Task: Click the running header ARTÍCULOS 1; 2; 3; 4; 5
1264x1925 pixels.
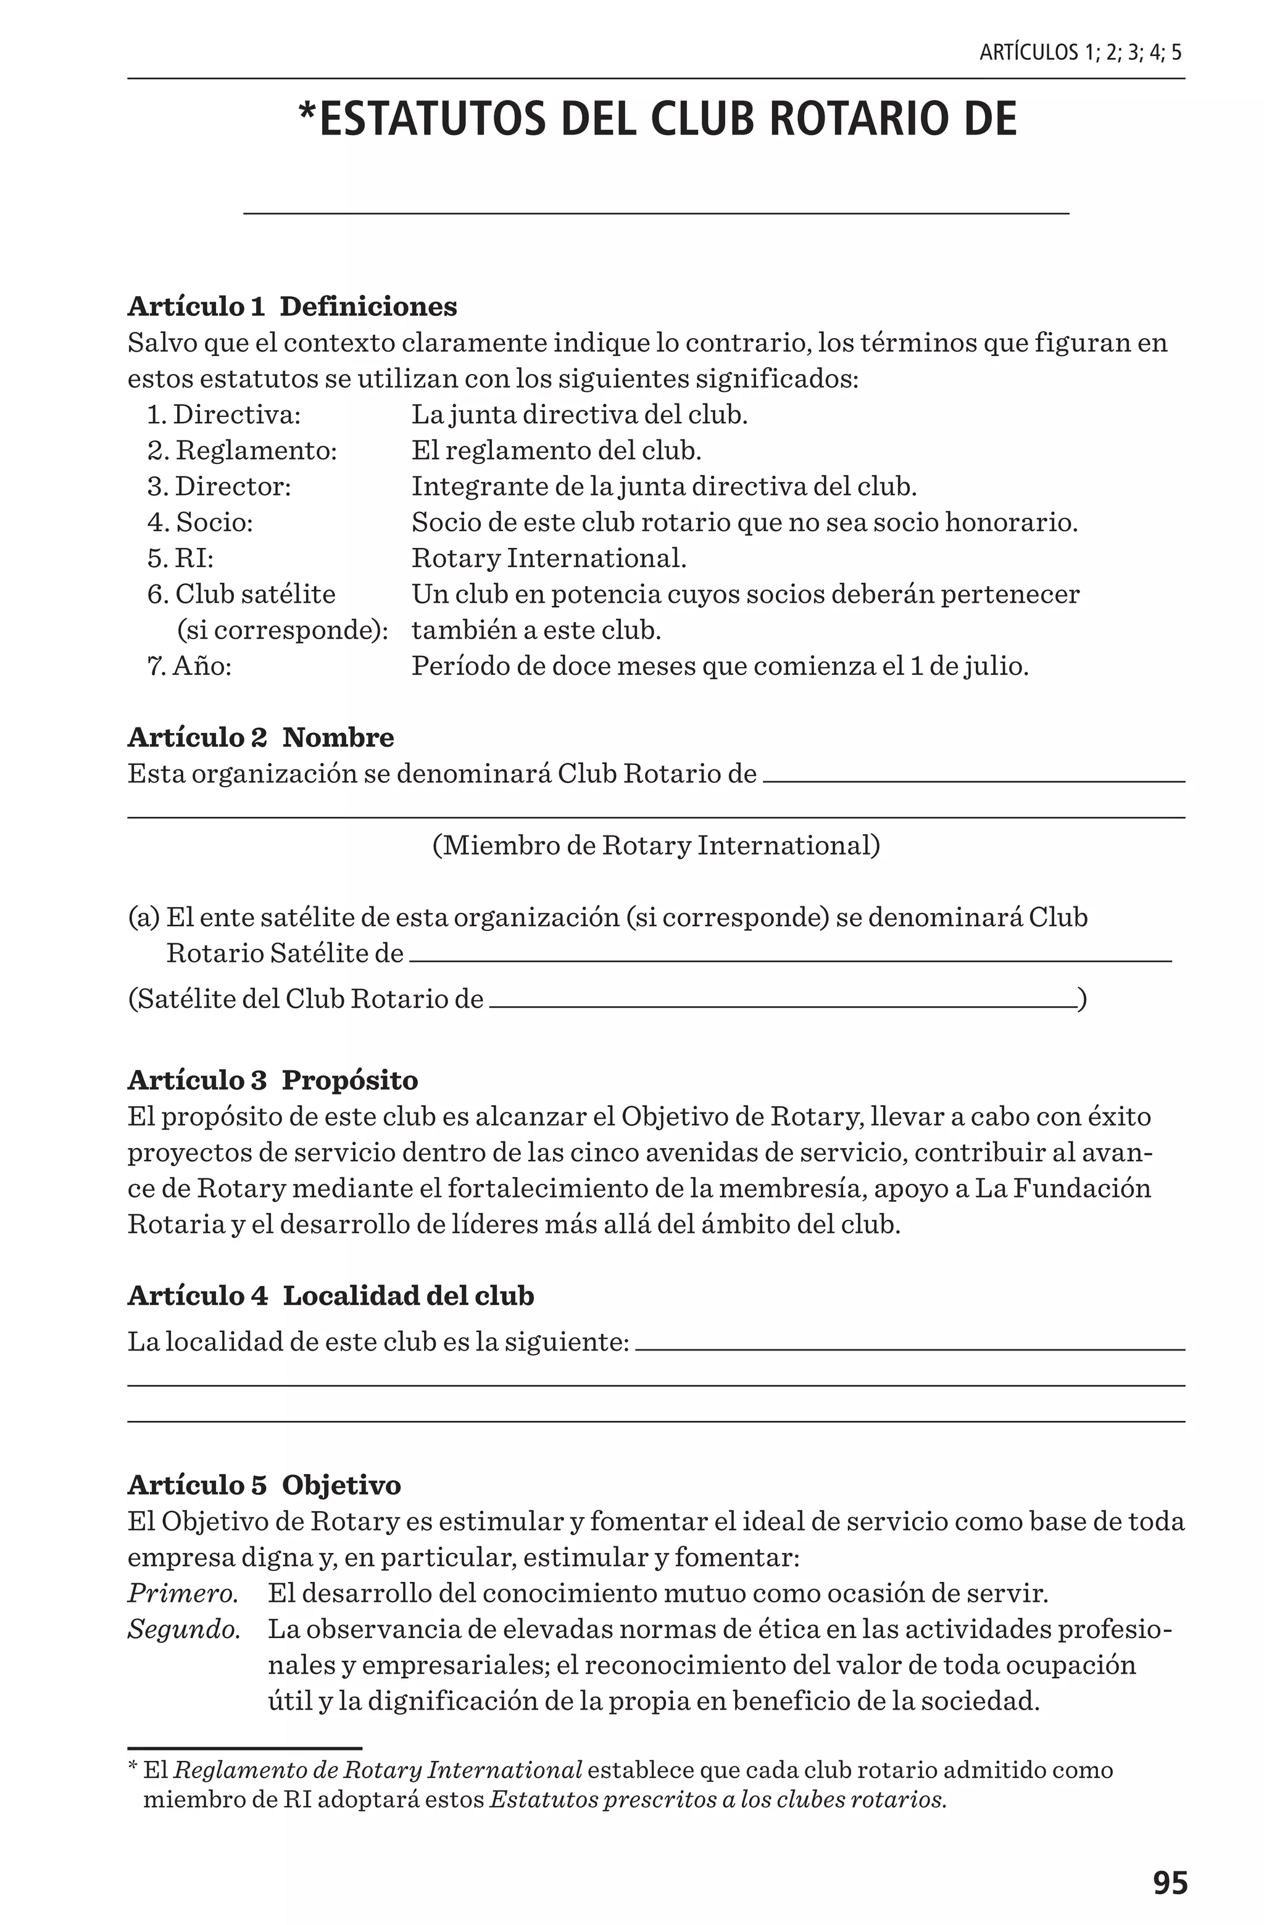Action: [x=1079, y=54]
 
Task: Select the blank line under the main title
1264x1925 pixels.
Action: [x=655, y=213]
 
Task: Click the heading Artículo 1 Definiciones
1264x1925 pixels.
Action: [x=292, y=307]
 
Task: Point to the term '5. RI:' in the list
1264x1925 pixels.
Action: [x=180, y=558]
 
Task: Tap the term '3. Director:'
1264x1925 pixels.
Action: [x=218, y=486]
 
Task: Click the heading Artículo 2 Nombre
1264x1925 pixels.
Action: [x=260, y=738]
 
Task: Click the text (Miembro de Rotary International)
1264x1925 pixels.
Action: [x=655, y=846]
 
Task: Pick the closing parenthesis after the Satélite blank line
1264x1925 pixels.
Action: [x=1082, y=1000]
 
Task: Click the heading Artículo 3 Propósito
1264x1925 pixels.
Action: [x=273, y=1080]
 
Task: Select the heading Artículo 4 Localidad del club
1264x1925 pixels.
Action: [x=330, y=1296]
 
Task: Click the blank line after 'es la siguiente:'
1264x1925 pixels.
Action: [x=910, y=1348]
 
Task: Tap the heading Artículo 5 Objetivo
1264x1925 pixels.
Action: [x=264, y=1485]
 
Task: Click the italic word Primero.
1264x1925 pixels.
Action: [x=183, y=1594]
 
